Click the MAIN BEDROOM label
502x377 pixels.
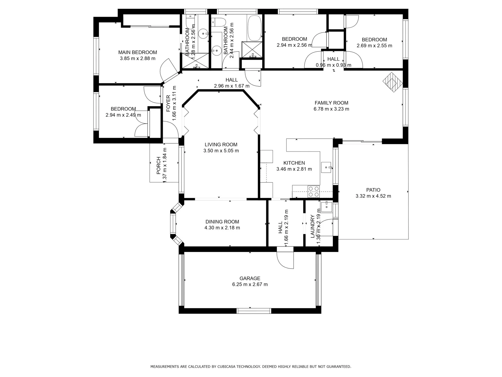tap(137, 52)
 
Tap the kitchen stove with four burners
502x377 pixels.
tap(313, 192)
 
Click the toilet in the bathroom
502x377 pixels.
tap(219, 22)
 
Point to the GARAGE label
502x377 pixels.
tap(250, 278)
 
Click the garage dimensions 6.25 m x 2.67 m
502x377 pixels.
tap(250, 284)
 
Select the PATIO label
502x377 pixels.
tap(373, 190)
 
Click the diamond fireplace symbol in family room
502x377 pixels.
tap(393, 82)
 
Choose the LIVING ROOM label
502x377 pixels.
tap(221, 145)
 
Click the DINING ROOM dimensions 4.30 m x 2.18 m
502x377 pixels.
tap(222, 228)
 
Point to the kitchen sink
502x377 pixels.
tap(327, 168)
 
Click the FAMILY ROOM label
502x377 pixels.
tap(331, 103)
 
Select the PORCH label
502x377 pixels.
tap(158, 165)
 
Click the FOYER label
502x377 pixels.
tap(168, 103)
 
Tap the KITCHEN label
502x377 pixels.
tap(294, 163)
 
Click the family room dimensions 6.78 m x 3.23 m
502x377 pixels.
tap(331, 109)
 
